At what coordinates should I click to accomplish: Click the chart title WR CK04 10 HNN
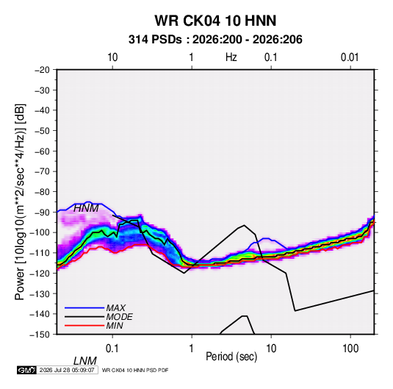[x=215, y=21]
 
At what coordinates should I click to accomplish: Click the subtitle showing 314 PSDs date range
[x=215, y=40]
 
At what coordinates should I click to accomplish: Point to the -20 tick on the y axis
[x=42, y=70]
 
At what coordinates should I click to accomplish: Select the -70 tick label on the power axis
[x=42, y=171]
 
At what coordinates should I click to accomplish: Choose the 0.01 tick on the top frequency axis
[x=350, y=57]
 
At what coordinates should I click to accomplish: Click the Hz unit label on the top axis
[x=231, y=57]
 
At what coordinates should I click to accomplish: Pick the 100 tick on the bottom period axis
[x=350, y=349]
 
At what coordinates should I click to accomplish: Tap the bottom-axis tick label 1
[x=192, y=349]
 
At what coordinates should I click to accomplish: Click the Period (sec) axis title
[x=231, y=357]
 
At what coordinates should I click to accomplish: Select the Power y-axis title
[x=20, y=201]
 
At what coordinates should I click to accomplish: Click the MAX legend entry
[x=115, y=308]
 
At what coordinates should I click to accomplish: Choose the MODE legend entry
[x=119, y=317]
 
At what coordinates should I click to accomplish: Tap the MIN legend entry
[x=115, y=326]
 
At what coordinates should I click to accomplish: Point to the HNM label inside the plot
[x=86, y=208]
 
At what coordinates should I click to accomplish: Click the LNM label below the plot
[x=85, y=361]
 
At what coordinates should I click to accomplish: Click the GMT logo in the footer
[x=26, y=370]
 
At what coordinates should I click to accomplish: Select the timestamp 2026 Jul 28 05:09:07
[x=67, y=370]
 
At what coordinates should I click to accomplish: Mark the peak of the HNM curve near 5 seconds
[x=244, y=225]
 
